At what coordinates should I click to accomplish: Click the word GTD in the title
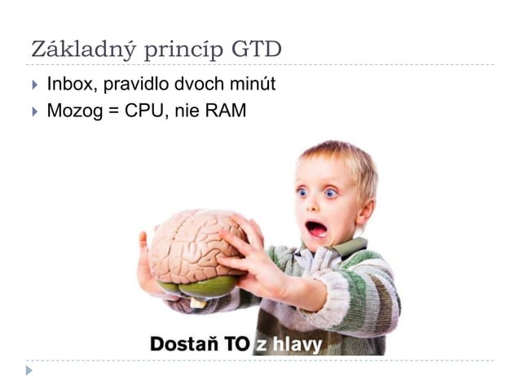pos(257,50)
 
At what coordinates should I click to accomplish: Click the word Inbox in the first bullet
pos(68,84)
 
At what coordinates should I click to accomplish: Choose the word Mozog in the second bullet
pos(71,110)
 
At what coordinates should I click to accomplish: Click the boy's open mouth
pos(316,229)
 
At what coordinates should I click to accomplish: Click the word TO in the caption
pos(237,345)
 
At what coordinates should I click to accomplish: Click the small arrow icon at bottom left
pos(30,370)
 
